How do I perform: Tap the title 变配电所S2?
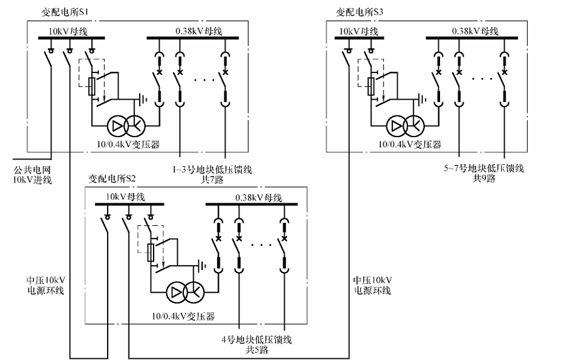tap(113, 178)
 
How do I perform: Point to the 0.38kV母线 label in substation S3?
tap(474, 30)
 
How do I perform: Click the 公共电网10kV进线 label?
tap(32, 175)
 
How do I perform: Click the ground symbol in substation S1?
tap(145, 99)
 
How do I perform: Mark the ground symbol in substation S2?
tap(203, 266)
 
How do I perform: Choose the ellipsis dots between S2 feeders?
tap(261, 242)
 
